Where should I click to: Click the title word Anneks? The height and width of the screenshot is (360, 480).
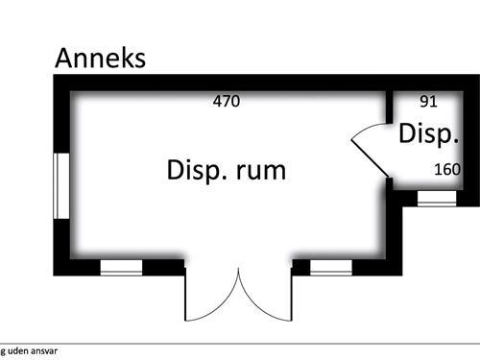[100, 58]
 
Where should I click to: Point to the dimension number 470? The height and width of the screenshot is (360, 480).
[226, 100]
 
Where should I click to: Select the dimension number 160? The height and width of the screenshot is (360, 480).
[447, 170]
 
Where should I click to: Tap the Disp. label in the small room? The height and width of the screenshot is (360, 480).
[426, 134]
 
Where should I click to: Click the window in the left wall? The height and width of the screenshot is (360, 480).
[60, 184]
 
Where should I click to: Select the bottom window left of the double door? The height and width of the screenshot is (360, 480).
[121, 267]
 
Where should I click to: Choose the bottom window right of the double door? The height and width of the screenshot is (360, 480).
[330, 267]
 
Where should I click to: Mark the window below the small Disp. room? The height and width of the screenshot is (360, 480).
[436, 198]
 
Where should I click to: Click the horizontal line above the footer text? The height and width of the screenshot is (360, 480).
[240, 343]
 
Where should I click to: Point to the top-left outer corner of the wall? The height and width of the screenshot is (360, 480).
[56, 79]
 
